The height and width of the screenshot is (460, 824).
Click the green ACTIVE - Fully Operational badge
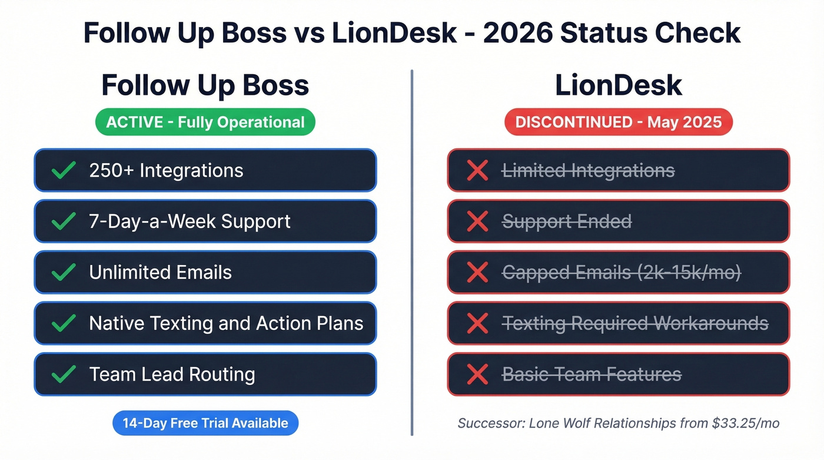pyautogui.click(x=205, y=123)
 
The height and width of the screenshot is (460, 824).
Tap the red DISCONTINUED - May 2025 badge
pyautogui.click(x=618, y=123)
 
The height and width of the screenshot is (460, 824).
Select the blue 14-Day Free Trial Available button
pyautogui.click(x=205, y=423)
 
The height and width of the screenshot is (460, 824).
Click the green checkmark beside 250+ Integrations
pyautogui.click(x=63, y=170)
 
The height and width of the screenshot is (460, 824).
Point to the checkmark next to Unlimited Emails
pyautogui.click(x=63, y=272)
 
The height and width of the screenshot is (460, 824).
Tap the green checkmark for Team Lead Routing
pyautogui.click(x=63, y=374)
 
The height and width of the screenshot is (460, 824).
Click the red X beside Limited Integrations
pyautogui.click(x=477, y=170)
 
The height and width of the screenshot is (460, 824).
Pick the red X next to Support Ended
pyautogui.click(x=477, y=221)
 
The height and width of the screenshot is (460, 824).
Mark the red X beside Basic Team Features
pyautogui.click(x=477, y=374)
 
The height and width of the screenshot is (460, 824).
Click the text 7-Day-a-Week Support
pyautogui.click(x=190, y=221)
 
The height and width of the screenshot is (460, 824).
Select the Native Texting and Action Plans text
pyautogui.click(x=226, y=323)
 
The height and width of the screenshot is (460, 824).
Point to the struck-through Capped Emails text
pyautogui.click(x=621, y=272)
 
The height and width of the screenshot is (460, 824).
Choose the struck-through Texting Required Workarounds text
pyautogui.click(x=634, y=323)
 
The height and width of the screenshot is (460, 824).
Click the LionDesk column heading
pyautogui.click(x=618, y=85)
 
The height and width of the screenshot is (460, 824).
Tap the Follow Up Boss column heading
pyautogui.click(x=205, y=85)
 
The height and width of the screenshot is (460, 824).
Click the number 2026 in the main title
pyautogui.click(x=516, y=33)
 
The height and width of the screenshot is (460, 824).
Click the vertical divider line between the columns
pyautogui.click(x=412, y=253)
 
